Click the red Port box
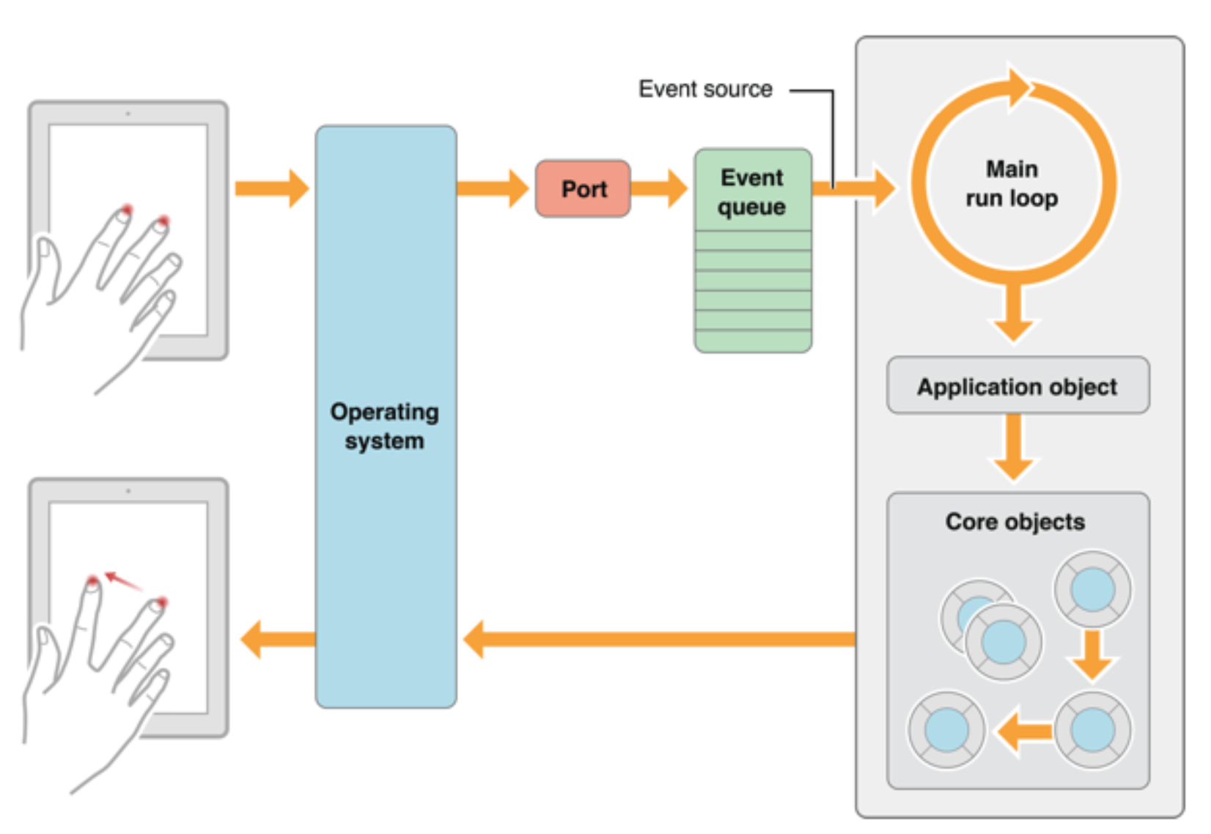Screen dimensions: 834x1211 click(583, 189)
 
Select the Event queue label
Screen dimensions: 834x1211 click(752, 192)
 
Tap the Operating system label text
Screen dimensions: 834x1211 click(384, 427)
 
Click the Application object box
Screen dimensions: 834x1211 click(1017, 386)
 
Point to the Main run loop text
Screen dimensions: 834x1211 click(1012, 184)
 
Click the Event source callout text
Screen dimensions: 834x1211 click(705, 89)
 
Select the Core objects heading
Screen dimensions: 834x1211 click(1015, 522)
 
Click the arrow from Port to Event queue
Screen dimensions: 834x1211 click(659, 188)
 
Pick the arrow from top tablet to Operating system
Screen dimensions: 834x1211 click(272, 188)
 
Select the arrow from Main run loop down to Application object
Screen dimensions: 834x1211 click(1014, 311)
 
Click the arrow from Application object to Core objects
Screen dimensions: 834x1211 click(1014, 448)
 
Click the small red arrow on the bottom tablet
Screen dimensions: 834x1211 click(122, 581)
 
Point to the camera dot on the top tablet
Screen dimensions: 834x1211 click(128, 114)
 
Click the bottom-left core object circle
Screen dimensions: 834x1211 click(946, 730)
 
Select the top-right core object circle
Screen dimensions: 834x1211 click(1092, 590)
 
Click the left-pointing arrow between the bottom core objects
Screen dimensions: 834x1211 click(1025, 731)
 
